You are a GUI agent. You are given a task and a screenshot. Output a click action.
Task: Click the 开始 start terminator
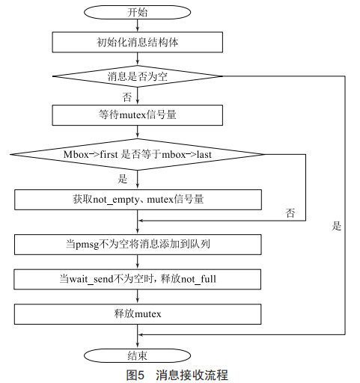point(137,12)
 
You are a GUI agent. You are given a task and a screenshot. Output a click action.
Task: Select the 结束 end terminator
point(137,355)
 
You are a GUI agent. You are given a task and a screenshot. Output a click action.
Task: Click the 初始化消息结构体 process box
point(137,42)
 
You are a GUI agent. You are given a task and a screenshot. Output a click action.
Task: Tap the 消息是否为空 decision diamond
point(137,76)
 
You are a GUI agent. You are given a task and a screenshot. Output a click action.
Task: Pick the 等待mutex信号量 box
point(137,115)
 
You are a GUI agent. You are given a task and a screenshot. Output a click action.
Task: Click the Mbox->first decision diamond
point(137,154)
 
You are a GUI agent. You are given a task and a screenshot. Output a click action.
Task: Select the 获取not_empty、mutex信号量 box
point(138,200)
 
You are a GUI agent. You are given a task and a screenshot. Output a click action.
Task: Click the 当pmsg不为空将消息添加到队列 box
point(138,245)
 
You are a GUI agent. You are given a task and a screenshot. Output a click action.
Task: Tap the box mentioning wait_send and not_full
point(138,279)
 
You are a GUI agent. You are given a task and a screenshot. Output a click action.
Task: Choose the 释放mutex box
point(138,314)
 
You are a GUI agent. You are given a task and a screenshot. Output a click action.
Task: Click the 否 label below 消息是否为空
point(126,97)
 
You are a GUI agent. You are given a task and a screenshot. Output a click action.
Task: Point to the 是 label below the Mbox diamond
point(123,179)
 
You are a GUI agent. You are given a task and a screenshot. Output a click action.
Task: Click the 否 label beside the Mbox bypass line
point(290,213)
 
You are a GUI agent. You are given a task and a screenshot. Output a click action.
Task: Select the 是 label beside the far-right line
point(336,226)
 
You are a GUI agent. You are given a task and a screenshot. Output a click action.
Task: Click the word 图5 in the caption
point(135,375)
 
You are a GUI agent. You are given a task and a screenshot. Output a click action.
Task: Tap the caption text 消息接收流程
point(192,375)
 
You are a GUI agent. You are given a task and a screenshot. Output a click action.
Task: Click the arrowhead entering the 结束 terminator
point(137,346)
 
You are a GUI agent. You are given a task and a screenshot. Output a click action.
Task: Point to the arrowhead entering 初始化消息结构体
point(137,28)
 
